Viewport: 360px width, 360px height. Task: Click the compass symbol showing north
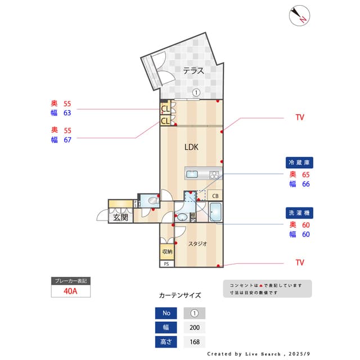pos(300,16)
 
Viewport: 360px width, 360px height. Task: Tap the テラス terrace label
pos(193,70)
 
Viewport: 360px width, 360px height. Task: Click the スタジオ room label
pos(197,244)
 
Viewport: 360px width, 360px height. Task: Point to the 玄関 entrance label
pos(120,217)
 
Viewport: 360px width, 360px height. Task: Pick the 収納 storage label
pos(167,251)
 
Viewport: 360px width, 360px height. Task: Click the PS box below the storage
pos(166,264)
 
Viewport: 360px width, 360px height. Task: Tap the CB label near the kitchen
pos(215,196)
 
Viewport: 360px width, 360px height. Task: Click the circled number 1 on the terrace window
pos(196,93)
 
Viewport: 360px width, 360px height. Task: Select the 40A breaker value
pos(70,291)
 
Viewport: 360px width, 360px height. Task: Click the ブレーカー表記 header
pos(70,280)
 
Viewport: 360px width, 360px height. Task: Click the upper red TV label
pos(300,118)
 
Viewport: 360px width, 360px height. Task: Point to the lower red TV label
pos(300,263)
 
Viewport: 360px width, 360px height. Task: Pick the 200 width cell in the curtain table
pos(195,327)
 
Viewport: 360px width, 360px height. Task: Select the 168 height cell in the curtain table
pos(195,341)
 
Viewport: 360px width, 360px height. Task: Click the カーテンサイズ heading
pos(180,295)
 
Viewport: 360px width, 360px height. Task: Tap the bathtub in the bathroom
pos(216,213)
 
